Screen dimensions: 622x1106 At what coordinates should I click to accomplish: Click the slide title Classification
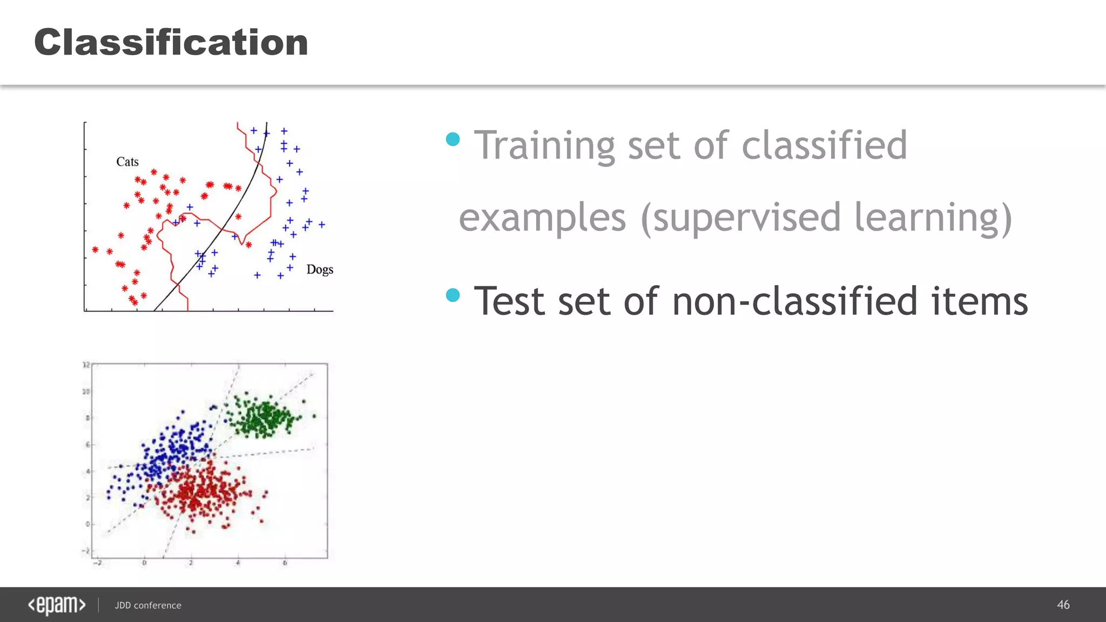[171, 42]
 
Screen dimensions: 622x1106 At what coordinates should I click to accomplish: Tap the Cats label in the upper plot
[127, 161]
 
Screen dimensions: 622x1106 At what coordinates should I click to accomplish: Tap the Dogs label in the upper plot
[320, 269]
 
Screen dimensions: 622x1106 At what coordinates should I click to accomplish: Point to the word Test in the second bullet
[509, 301]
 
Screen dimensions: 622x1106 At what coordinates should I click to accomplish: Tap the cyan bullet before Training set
[453, 139]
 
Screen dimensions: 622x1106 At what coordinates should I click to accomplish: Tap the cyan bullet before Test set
[453, 295]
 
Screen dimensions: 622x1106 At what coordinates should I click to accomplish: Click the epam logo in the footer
[57, 605]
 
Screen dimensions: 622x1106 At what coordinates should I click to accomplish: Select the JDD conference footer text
[148, 605]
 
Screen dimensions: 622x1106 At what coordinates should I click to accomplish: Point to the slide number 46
[1063, 605]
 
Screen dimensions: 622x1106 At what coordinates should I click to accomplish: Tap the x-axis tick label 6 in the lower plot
[285, 563]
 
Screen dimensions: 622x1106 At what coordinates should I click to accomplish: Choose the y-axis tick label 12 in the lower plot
[86, 365]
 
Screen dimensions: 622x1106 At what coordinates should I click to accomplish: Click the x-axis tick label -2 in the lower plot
[97, 563]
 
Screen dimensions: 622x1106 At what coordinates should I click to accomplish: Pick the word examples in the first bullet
[542, 217]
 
